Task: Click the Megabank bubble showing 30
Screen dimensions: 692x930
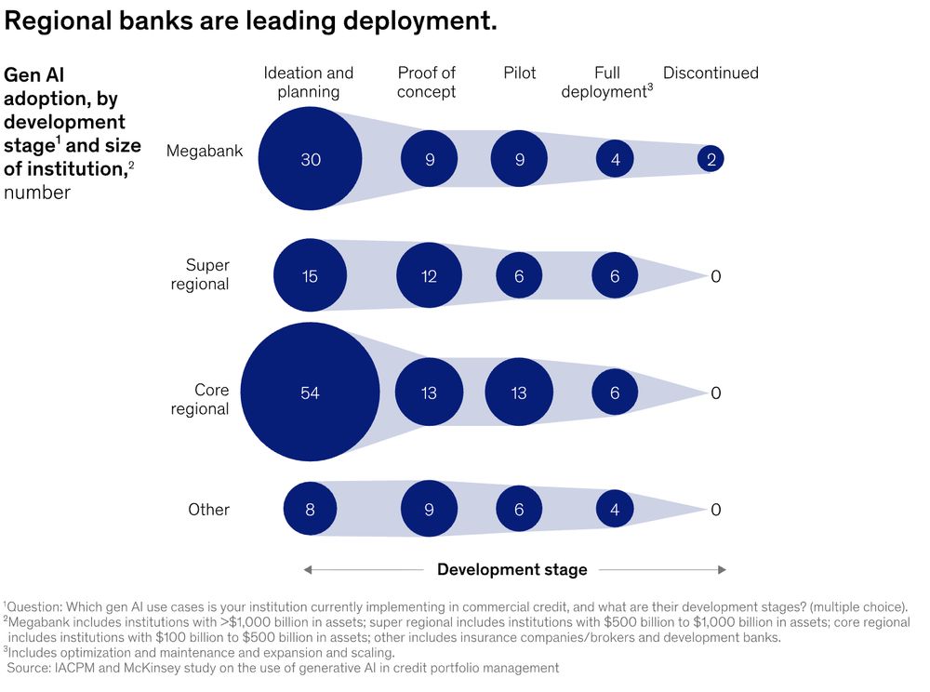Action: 310,159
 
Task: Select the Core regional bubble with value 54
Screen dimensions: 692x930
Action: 310,393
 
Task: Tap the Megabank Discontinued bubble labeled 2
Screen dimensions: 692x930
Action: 711,159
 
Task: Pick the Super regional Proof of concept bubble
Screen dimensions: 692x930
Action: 429,275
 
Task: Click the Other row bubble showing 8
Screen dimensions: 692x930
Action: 310,509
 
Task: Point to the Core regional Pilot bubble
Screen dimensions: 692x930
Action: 519,393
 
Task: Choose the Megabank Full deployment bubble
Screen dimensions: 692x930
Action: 615,159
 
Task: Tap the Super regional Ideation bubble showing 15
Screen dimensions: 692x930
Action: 310,275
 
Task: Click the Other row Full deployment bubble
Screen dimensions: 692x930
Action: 615,509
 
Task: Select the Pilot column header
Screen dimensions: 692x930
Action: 519,73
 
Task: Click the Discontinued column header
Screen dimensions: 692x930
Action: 711,73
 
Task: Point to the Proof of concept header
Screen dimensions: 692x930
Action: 427,82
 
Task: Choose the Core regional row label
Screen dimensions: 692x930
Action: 200,400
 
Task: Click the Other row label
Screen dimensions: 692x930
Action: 208,509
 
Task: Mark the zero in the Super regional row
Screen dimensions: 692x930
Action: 715,276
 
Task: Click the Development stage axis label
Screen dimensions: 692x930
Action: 511,569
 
